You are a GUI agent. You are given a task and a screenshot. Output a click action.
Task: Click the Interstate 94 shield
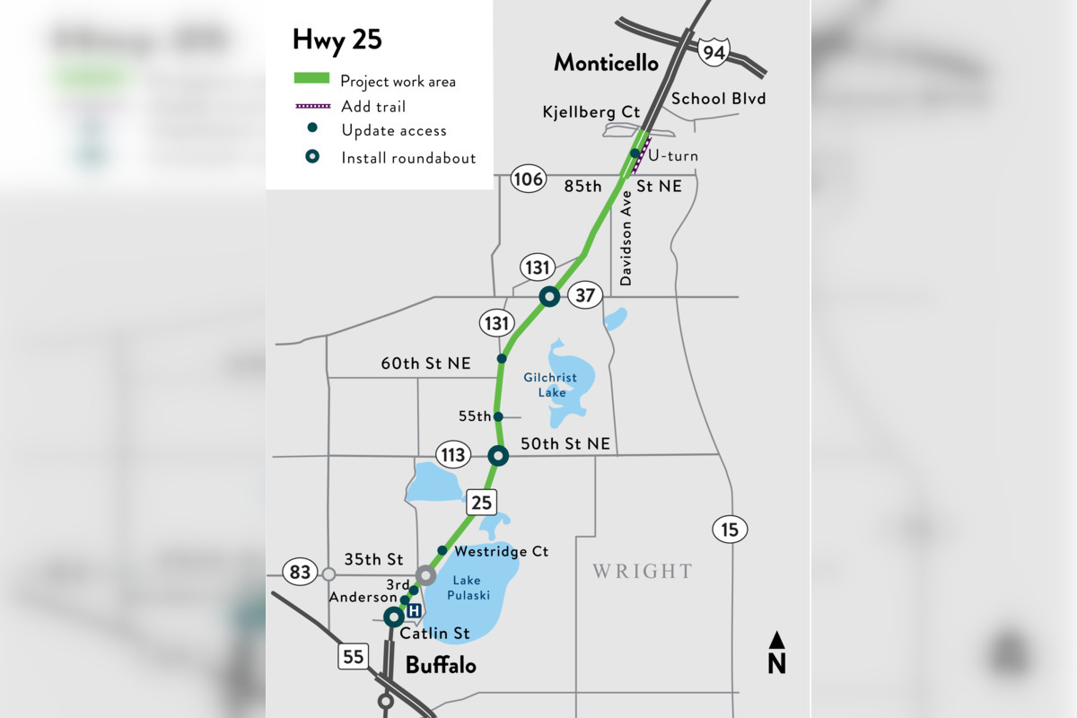[715, 52]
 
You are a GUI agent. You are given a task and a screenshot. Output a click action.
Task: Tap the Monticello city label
[606, 63]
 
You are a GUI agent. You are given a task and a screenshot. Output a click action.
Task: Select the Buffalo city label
[441, 666]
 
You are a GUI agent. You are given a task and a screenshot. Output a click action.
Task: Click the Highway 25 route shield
[481, 503]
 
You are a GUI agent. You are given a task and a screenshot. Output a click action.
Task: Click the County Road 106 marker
[528, 179]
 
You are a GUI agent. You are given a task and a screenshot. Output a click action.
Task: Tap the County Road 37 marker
[585, 295]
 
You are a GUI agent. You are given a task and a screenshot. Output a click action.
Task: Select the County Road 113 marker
[453, 455]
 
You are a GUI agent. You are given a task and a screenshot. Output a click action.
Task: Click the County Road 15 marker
[730, 530]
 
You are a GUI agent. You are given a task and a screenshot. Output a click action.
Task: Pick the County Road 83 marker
[300, 572]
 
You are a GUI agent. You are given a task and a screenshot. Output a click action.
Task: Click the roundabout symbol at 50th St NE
[498, 456]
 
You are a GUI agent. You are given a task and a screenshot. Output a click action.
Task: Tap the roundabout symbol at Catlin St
[392, 617]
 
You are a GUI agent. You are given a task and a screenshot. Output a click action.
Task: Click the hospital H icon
[415, 611]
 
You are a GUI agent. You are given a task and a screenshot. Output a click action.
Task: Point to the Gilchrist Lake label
[550, 384]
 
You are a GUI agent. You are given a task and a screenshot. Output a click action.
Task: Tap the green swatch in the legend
[311, 78]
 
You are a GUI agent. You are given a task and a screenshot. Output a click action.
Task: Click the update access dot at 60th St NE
[503, 359]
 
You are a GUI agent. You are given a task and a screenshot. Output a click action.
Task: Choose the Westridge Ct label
[501, 551]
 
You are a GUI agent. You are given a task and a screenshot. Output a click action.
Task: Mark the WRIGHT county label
[642, 571]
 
